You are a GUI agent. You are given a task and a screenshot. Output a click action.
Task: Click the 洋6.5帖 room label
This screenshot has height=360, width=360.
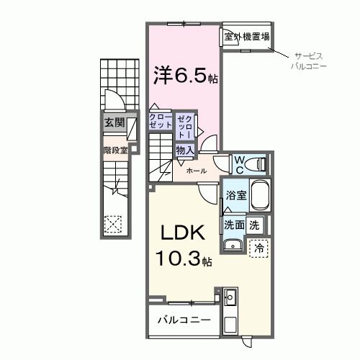point(184,76)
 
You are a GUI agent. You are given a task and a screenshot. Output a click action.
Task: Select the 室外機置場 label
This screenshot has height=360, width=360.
point(246,37)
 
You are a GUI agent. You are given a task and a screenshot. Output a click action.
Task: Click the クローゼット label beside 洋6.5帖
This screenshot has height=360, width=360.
point(161,120)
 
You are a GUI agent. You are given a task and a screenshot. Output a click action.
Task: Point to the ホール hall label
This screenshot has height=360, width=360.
point(197,171)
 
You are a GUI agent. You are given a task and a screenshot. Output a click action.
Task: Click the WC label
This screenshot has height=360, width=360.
point(239,163)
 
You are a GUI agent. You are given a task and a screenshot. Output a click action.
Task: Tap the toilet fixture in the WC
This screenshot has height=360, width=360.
point(257,164)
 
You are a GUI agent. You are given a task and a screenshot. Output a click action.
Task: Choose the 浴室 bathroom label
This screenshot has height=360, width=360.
point(236,195)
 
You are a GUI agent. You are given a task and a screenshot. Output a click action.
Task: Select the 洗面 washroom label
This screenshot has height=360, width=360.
point(234,225)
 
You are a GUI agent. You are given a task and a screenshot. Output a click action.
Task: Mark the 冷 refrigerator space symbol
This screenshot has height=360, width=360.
point(258,246)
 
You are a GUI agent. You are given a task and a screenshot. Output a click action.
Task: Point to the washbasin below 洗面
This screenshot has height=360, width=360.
point(233,246)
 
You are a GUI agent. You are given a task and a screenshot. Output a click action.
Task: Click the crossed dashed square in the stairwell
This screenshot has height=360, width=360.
point(113,224)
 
